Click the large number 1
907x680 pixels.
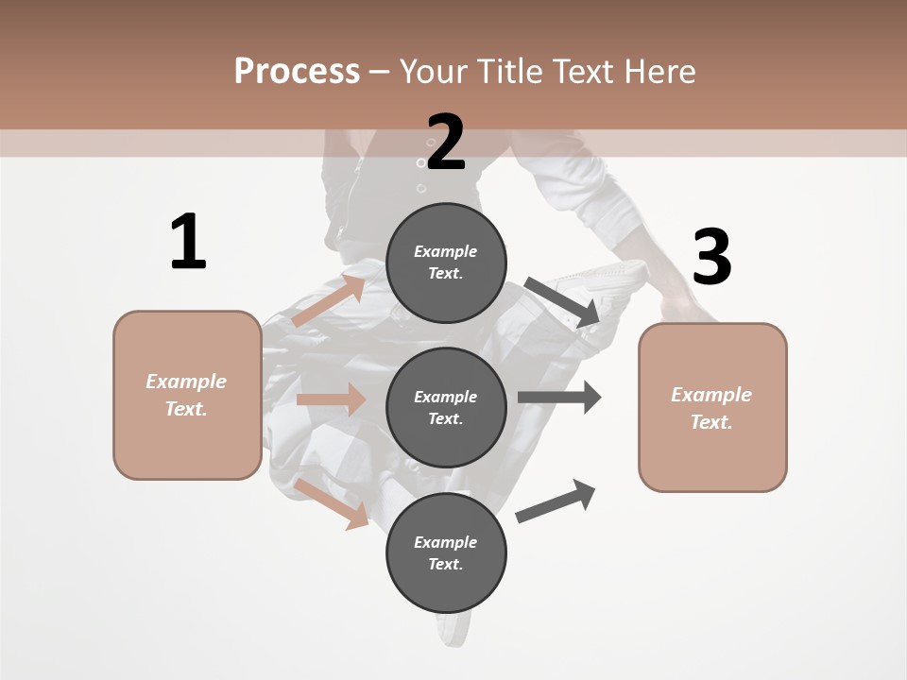(x=188, y=243)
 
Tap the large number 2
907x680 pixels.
(x=446, y=144)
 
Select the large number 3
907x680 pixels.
(x=711, y=258)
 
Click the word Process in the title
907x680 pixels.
(x=297, y=71)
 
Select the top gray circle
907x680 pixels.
(x=446, y=263)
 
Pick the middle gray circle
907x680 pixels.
(x=446, y=407)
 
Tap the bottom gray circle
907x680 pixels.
(x=446, y=552)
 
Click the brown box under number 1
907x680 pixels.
(x=187, y=395)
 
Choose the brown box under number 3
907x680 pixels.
(x=712, y=407)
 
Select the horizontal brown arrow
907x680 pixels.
(x=331, y=399)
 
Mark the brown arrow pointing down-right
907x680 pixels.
(x=332, y=503)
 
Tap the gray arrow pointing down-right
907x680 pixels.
(x=562, y=302)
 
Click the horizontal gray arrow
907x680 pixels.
(x=558, y=397)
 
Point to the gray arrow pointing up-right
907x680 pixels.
(x=556, y=501)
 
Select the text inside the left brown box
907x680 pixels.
(x=186, y=395)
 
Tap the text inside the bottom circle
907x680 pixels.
(x=445, y=552)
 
